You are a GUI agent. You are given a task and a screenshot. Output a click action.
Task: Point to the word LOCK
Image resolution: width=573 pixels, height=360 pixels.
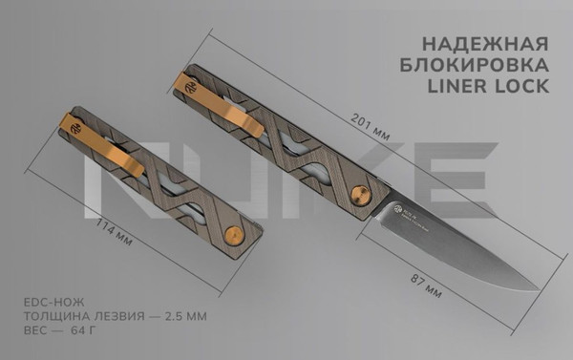pyautogui.click(x=521, y=87)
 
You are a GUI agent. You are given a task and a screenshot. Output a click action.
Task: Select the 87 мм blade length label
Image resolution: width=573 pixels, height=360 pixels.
pyautogui.click(x=421, y=283)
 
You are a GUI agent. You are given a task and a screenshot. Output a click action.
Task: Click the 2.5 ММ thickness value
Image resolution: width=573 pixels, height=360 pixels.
pyautogui.click(x=183, y=315)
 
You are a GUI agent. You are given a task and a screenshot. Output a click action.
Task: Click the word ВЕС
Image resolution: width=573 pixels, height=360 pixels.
pyautogui.click(x=34, y=330)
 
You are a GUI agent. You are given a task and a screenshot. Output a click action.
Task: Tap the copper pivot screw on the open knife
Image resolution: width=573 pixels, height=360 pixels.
pyautogui.click(x=360, y=194)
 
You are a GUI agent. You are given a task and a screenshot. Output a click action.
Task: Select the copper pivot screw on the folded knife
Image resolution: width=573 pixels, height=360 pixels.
pyautogui.click(x=232, y=234)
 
